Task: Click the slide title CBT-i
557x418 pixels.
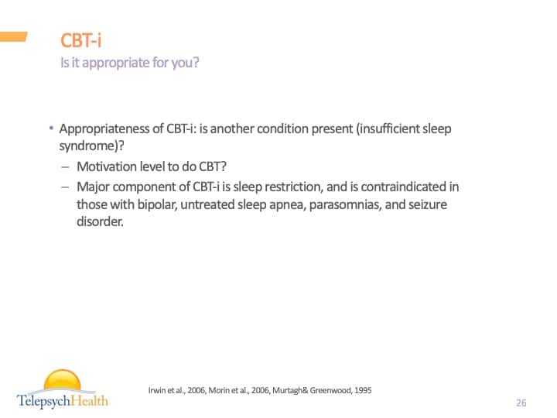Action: click(80, 40)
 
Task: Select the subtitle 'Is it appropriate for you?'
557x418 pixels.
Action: click(129, 63)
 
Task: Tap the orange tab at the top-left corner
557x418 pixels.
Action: click(13, 36)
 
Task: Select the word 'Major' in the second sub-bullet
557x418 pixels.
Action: click(93, 187)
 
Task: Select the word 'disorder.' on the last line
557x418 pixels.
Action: click(100, 221)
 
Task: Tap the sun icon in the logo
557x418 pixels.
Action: click(63, 381)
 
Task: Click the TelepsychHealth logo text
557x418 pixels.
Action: click(63, 400)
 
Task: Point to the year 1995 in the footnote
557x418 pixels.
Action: click(361, 390)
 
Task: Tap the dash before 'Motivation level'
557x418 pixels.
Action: click(63, 166)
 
